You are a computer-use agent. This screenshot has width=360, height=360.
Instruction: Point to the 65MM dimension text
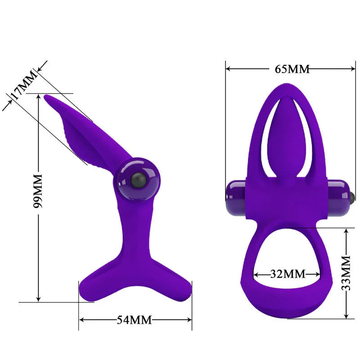pyautogui.click(x=292, y=69)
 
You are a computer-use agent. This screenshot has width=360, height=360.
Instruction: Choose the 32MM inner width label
pyautogui.click(x=288, y=274)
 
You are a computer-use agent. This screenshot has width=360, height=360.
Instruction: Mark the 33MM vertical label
pyautogui.click(x=346, y=273)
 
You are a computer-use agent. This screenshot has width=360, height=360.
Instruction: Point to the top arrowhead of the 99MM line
pyautogui.click(x=39, y=97)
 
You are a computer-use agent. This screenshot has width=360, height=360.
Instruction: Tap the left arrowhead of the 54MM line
pyautogui.click(x=82, y=320)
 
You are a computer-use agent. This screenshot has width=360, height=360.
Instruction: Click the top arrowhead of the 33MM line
pyautogui.click(x=346, y=231)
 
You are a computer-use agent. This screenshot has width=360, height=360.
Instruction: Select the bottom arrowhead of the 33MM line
pyautogui.click(x=346, y=316)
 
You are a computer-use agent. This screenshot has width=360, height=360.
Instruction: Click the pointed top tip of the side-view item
pyautogui.click(x=46, y=96)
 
